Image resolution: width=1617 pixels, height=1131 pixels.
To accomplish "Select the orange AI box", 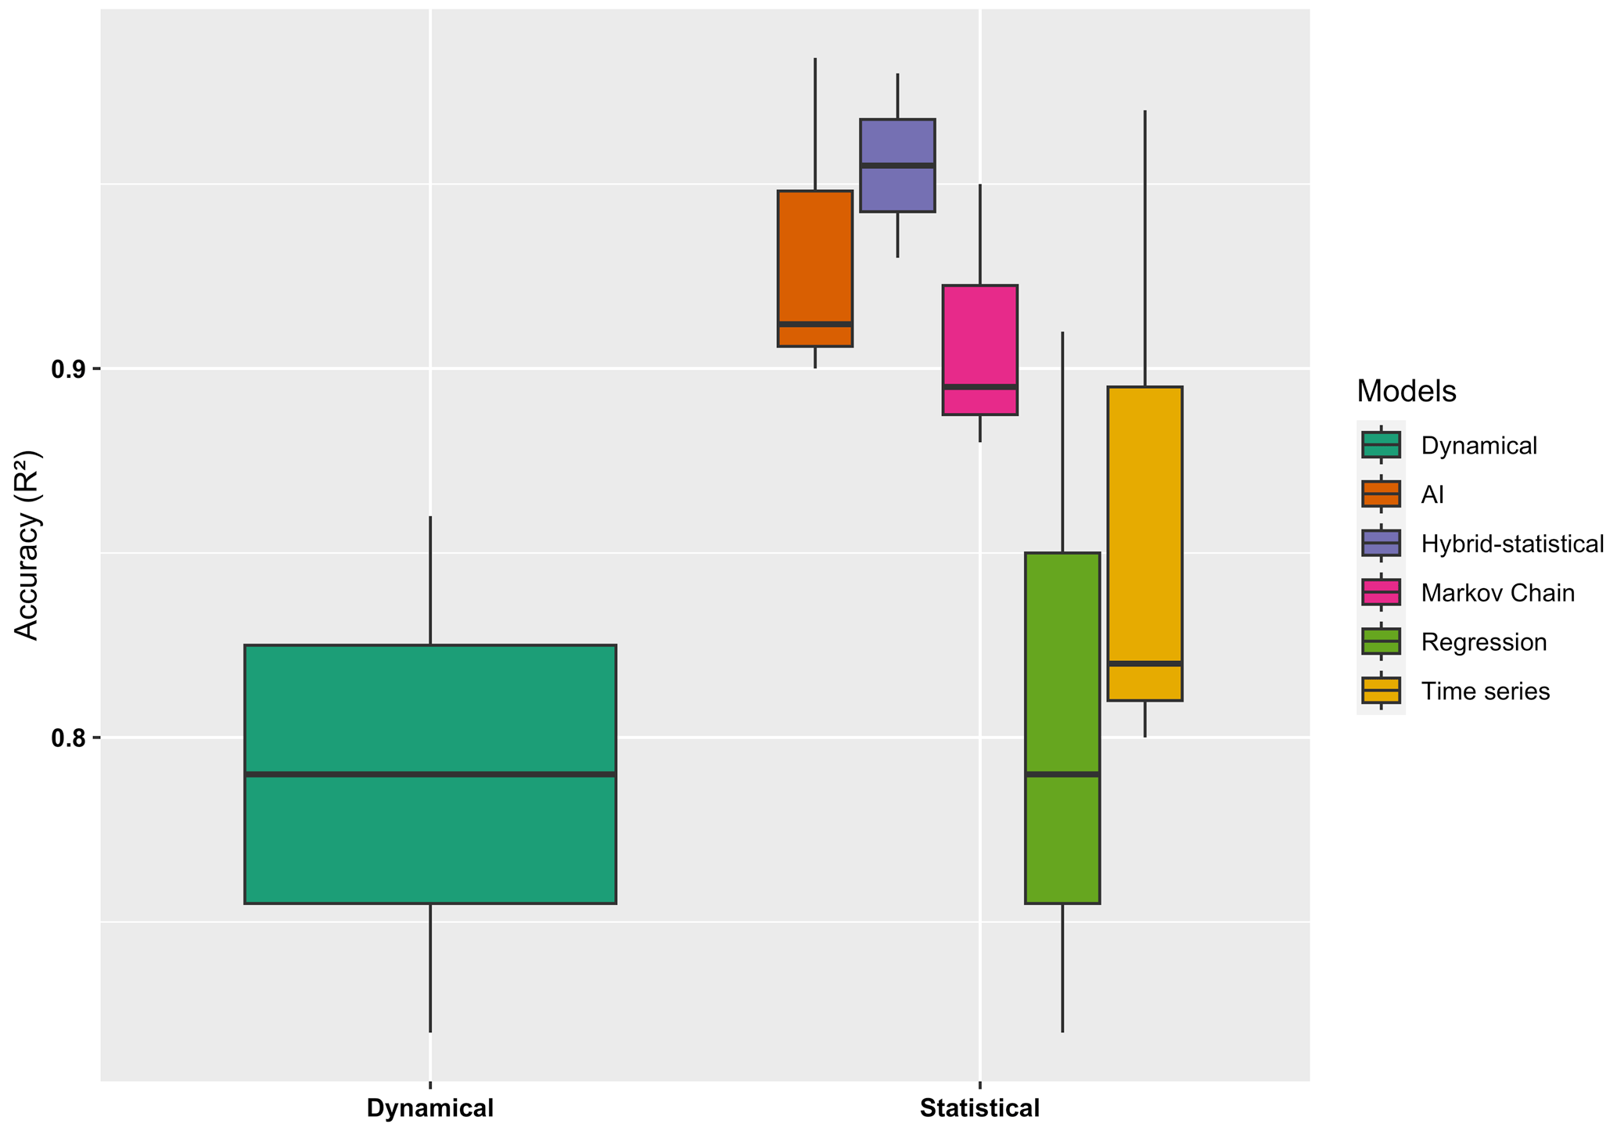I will (814, 258).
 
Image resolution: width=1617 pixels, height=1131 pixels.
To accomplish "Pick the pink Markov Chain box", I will (979, 336).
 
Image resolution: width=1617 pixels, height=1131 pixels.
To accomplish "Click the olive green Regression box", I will (1062, 665).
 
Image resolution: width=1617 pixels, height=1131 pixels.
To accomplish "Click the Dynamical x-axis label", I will (430, 1108).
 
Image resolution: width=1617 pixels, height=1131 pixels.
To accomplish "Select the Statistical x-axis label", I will (979, 1108).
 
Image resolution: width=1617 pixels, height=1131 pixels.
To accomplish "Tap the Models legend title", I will (1406, 391).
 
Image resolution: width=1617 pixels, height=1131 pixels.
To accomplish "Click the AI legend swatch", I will (1381, 494).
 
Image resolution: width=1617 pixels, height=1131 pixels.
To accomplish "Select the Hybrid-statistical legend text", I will (1512, 544).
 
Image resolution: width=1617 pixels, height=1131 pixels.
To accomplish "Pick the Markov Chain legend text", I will (1497, 593).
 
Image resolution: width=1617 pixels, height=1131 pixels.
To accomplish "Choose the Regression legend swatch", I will (1381, 641).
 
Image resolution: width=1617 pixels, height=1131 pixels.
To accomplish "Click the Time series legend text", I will (1485, 691).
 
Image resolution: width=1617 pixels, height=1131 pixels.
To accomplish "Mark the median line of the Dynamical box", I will (430, 774).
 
